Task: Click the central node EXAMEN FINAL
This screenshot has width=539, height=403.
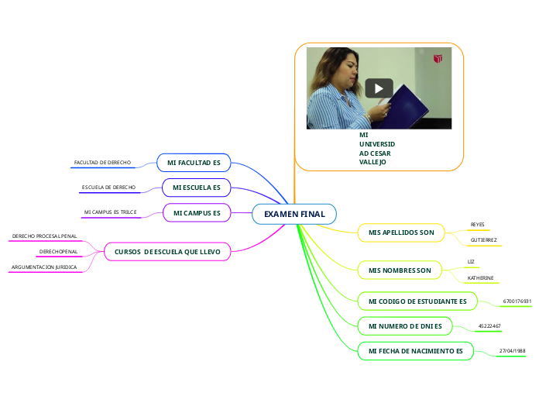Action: pos(294,213)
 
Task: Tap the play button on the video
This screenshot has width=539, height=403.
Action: pos(379,88)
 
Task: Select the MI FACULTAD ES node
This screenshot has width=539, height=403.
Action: pos(194,162)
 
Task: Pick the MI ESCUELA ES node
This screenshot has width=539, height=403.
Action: pos(196,188)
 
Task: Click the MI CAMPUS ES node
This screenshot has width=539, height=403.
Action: pos(197,212)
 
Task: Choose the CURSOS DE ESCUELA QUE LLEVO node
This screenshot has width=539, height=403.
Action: pos(167,251)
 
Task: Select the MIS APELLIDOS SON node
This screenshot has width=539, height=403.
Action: pos(401,232)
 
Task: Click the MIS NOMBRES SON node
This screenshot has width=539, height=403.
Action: pos(400,269)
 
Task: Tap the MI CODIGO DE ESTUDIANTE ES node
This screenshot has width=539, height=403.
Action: pos(417,300)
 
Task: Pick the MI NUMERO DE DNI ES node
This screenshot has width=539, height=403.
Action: pos(405,326)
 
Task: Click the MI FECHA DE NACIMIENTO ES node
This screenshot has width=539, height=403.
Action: pos(415,351)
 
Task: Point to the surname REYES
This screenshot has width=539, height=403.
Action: pos(478,225)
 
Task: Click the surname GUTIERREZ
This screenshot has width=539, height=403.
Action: pos(483,240)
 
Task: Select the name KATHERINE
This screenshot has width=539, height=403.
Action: pos(480,277)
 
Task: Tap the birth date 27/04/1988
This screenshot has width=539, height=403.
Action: pos(512,350)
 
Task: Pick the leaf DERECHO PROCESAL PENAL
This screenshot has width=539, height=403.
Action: pos(44,236)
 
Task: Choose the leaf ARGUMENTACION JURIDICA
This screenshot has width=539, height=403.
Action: pos(43,267)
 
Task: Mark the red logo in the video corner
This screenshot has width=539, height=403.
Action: pos(438,58)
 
